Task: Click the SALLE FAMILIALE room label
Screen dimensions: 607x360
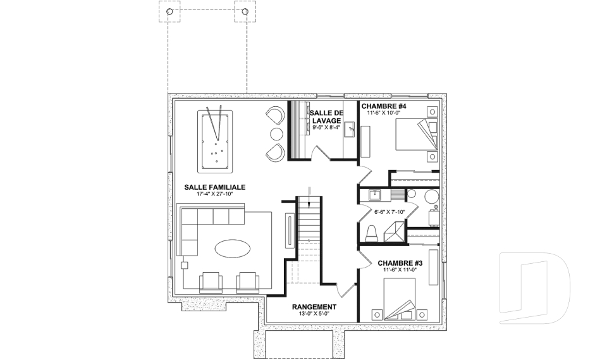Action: click(215, 187)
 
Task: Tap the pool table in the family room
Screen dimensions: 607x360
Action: click(215, 142)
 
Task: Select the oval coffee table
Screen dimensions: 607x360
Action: click(232, 248)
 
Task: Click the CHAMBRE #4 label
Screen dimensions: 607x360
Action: click(384, 106)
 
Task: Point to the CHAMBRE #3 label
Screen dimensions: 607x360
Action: click(400, 263)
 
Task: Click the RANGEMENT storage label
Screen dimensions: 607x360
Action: click(314, 307)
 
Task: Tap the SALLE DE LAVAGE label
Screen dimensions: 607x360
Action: click(327, 116)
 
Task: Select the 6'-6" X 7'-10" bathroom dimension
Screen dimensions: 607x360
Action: click(389, 211)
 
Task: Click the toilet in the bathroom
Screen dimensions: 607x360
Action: click(372, 233)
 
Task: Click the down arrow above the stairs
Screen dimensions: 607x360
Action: click(309, 198)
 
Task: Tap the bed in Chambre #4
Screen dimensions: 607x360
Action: click(416, 134)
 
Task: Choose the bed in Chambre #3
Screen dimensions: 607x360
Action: click(400, 299)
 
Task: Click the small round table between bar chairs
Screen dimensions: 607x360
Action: click(276, 134)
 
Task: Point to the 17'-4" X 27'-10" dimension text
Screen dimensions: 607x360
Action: click(215, 194)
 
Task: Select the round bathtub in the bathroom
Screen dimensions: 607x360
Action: click(432, 197)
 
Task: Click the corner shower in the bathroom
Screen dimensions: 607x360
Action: click(395, 232)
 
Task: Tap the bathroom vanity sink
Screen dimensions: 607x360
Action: click(375, 194)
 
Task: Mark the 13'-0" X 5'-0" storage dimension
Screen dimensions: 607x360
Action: click(314, 314)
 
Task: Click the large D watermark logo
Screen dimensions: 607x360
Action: click(534, 289)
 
